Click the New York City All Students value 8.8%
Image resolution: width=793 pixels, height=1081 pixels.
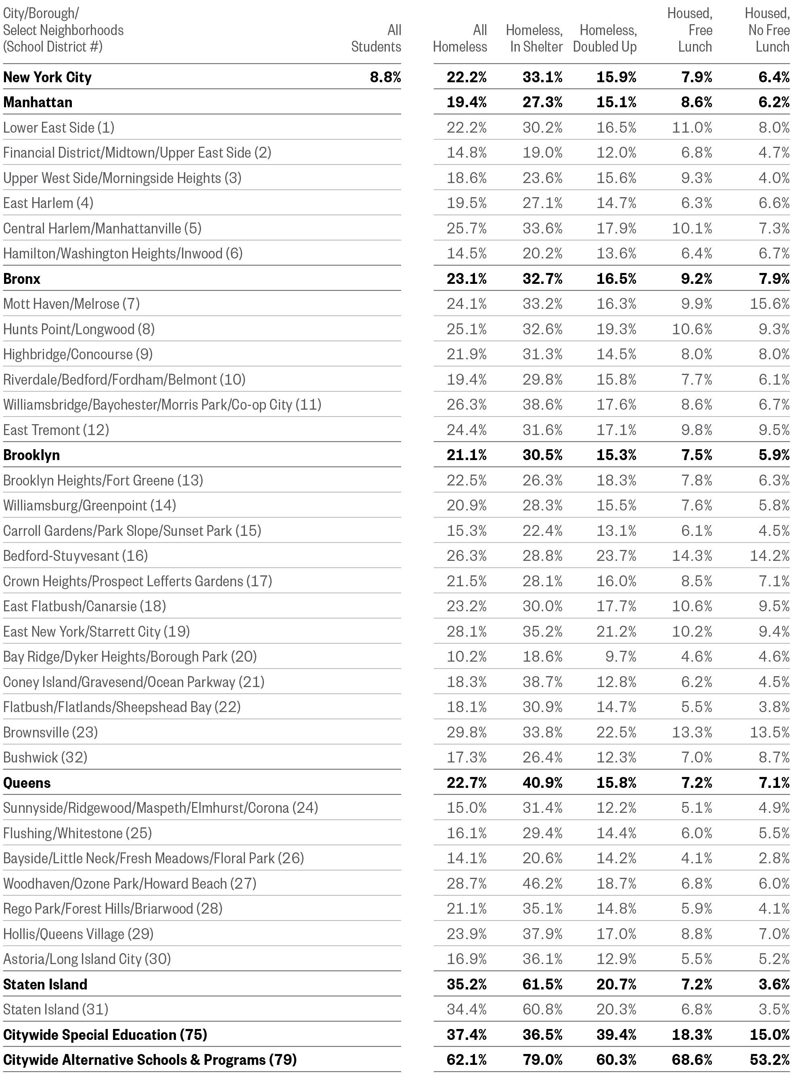[x=385, y=77]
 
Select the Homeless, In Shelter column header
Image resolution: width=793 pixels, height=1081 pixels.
[x=534, y=38]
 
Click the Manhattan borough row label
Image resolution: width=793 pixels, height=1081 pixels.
[x=38, y=102]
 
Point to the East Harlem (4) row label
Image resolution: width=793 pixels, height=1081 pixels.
[x=48, y=203]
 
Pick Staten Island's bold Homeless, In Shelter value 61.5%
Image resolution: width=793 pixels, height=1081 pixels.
[x=542, y=985]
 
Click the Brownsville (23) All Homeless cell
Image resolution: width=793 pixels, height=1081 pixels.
[x=467, y=732]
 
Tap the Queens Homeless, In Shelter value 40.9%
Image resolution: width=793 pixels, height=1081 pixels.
[x=542, y=783]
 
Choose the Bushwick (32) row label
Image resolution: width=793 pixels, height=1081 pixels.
[x=45, y=758]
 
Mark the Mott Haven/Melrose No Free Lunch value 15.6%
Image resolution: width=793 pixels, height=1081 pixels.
[x=770, y=304]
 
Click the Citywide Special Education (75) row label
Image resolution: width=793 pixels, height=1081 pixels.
[x=105, y=1035]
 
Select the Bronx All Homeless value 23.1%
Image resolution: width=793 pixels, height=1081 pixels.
[x=467, y=279]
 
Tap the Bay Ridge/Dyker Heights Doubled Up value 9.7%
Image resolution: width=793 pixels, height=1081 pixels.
[x=621, y=656]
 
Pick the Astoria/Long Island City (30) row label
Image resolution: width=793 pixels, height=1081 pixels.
[x=87, y=959]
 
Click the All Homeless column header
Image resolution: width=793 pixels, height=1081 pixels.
[x=460, y=38]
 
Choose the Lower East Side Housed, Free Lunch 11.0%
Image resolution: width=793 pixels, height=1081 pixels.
[x=692, y=127]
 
